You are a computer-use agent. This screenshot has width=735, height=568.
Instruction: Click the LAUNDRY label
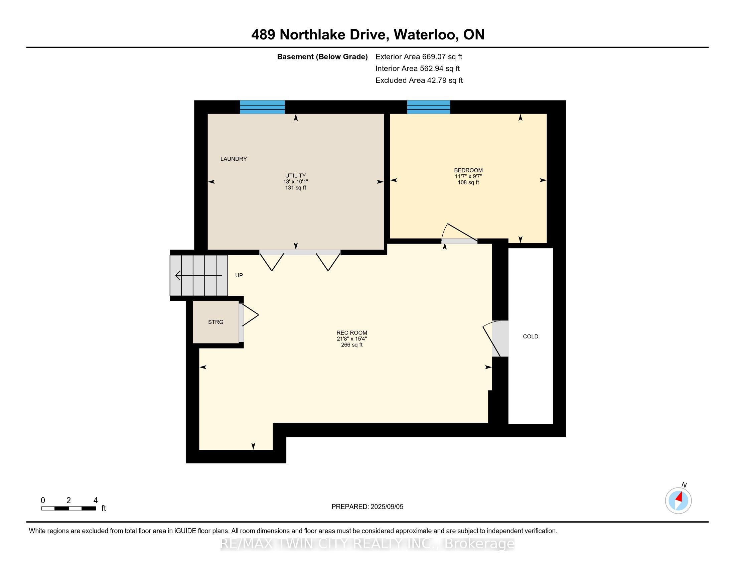pos(234,159)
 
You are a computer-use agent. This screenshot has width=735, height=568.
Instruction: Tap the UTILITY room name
pos(295,175)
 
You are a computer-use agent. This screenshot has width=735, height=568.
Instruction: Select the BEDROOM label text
pos(468,170)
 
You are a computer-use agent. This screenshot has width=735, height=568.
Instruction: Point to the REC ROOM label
pos(352,333)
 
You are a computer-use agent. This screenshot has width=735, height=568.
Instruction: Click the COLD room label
pos(531,336)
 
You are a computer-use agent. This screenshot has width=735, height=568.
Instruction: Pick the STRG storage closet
pos(216,322)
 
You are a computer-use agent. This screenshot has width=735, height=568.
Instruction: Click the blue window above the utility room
pos(262,107)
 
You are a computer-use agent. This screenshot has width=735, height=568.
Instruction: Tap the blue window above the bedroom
pos(428,107)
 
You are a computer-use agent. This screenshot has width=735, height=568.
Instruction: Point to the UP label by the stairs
pos(239,275)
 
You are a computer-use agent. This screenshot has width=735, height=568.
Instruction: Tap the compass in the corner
pos(678,501)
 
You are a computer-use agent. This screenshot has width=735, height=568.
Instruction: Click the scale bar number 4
pos(95,500)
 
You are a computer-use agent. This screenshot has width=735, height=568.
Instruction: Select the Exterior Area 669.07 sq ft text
pos(419,56)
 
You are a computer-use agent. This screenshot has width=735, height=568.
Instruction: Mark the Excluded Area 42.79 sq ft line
pos(419,80)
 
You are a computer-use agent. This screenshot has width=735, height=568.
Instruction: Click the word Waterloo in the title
pos(426,34)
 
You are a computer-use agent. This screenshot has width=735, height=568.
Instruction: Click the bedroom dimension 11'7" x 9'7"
pos(468,176)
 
